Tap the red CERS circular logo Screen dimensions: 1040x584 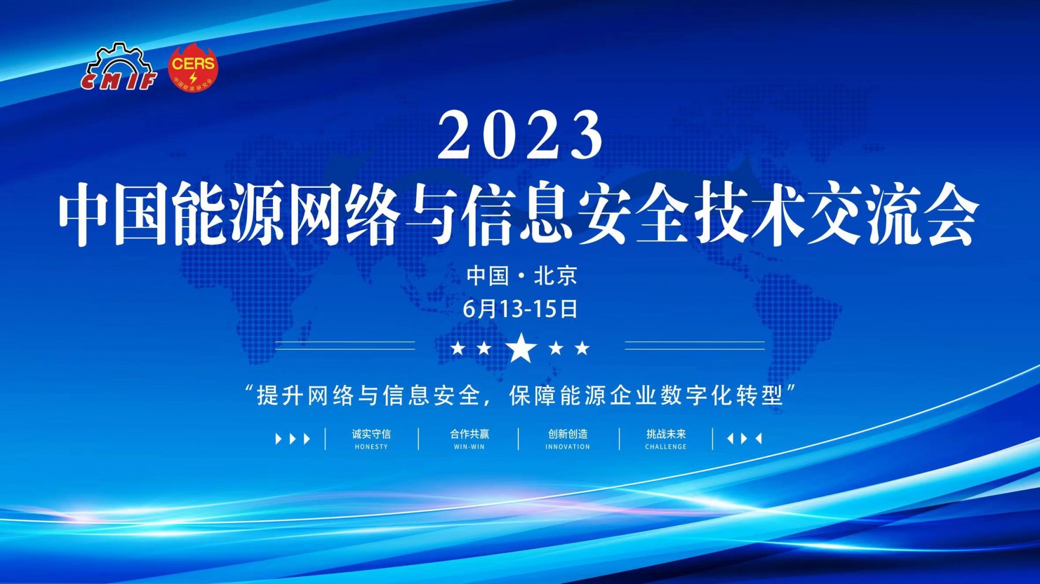pyautogui.click(x=193, y=67)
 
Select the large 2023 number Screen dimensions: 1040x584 pyautogui.click(x=520, y=134)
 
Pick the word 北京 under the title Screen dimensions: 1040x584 pyautogui.click(x=556, y=276)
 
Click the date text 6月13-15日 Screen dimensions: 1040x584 pyautogui.click(x=520, y=309)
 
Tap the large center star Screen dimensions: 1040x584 pyautogui.click(x=521, y=347)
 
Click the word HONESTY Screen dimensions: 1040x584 pyautogui.click(x=371, y=447)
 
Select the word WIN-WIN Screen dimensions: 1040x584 pyautogui.click(x=469, y=447)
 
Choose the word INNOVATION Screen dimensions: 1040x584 pyautogui.click(x=568, y=447)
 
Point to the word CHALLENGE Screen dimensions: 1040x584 pyautogui.click(x=666, y=447)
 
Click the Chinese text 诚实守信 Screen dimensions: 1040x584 pyautogui.click(x=371, y=434)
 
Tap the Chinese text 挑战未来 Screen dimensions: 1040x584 pyautogui.click(x=666, y=434)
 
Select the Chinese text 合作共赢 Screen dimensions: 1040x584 pyautogui.click(x=469, y=434)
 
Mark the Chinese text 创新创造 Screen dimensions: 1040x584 pyautogui.click(x=568, y=434)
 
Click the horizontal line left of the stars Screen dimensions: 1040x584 pyautogui.click(x=345, y=345)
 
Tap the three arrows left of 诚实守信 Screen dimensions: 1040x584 pyautogui.click(x=293, y=438)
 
